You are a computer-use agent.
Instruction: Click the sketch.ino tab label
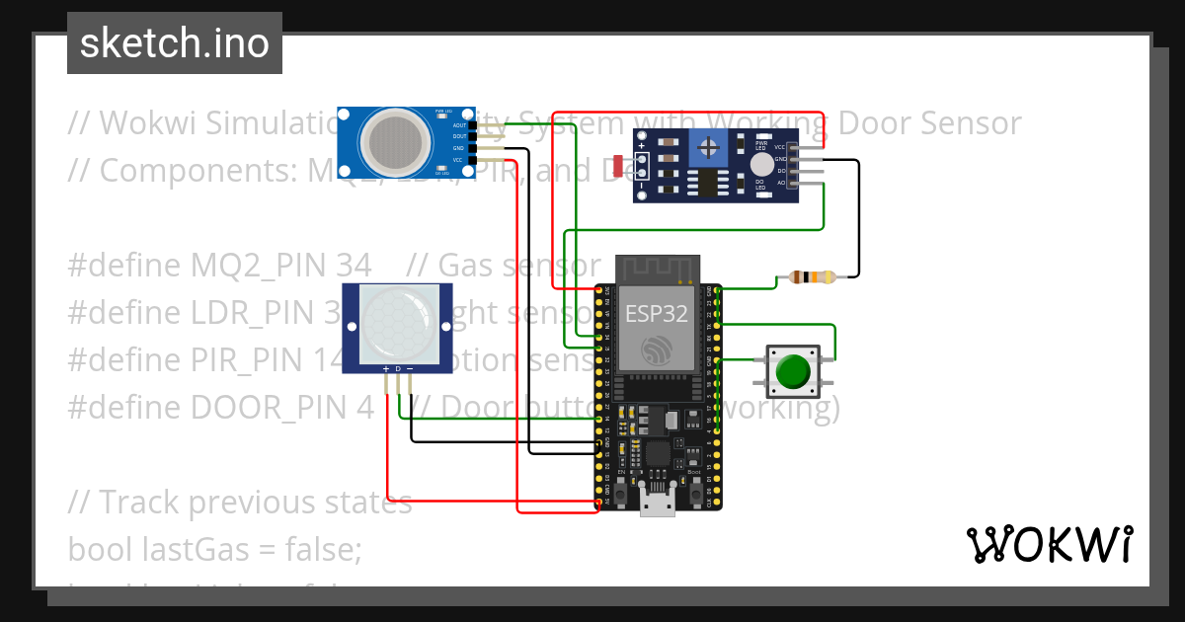click(174, 43)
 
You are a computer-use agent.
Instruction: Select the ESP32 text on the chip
click(657, 314)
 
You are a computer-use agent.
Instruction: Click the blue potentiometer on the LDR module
click(708, 147)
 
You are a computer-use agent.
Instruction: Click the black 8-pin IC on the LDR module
click(708, 183)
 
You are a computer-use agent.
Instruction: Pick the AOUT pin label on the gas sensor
click(459, 125)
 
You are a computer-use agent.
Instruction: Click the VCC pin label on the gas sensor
click(458, 160)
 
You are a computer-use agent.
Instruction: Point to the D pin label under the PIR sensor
click(398, 369)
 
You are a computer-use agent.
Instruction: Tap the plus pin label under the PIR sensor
click(386, 369)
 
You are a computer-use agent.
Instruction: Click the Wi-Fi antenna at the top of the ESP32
click(658, 268)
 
